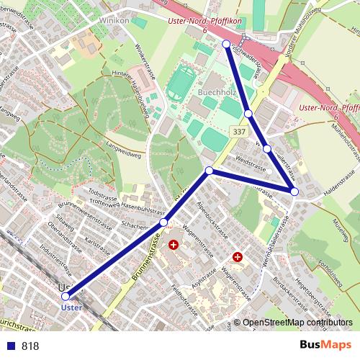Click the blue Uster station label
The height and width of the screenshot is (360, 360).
tap(71, 307)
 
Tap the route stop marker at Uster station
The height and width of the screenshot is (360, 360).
tap(66, 296)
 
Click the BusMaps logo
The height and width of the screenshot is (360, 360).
tap(325, 346)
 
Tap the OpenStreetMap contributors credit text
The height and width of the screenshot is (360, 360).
tap(297, 323)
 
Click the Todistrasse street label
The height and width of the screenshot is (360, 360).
tap(102, 194)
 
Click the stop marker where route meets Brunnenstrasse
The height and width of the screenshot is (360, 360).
tap(164, 223)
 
